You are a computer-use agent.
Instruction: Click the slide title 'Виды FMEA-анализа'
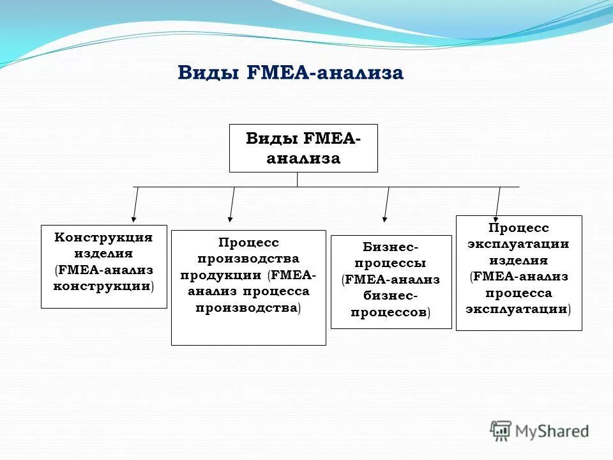(x=291, y=73)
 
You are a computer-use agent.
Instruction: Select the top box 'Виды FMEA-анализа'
(x=303, y=148)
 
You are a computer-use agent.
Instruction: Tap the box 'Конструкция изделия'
(x=104, y=266)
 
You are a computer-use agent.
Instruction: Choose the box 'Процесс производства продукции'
(x=248, y=287)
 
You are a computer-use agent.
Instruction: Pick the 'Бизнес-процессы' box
(x=391, y=282)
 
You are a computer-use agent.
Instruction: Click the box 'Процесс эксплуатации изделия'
(x=518, y=273)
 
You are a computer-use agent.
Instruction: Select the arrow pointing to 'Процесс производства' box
(x=232, y=204)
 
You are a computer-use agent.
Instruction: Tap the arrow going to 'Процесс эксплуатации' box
(x=498, y=203)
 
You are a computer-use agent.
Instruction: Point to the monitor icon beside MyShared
(x=501, y=430)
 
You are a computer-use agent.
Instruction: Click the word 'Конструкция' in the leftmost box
(x=103, y=238)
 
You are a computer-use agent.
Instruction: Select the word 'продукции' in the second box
(x=220, y=275)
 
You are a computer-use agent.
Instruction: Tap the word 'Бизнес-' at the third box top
(x=391, y=247)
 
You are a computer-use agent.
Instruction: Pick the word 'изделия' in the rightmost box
(x=518, y=260)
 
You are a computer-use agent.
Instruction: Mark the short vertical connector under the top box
(x=298, y=180)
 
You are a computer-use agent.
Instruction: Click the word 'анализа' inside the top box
(x=303, y=158)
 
